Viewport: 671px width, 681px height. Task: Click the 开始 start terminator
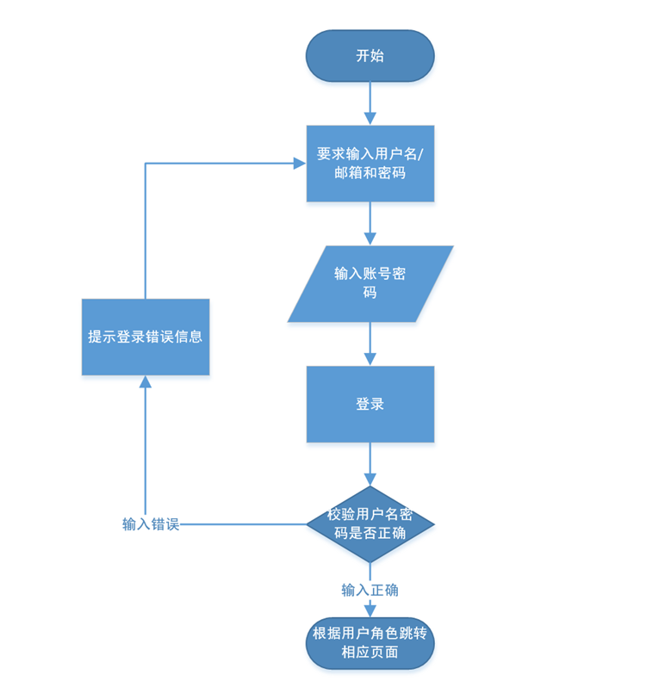(x=370, y=56)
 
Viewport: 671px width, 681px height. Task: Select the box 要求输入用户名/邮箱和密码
(x=370, y=164)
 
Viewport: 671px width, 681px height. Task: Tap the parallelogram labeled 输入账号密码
(x=370, y=284)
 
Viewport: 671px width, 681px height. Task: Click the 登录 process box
(x=370, y=404)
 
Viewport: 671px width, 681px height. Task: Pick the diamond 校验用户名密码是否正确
(x=370, y=523)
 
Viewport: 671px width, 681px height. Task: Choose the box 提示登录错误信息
(x=146, y=337)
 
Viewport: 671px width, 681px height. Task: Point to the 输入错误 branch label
(x=151, y=524)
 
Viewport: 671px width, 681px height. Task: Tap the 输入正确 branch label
(x=370, y=590)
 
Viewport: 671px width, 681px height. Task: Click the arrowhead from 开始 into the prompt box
(x=370, y=119)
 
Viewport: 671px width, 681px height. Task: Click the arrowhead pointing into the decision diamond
(x=370, y=480)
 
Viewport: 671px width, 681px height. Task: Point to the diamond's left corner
(x=308, y=523)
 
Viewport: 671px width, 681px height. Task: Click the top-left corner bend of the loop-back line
(x=146, y=164)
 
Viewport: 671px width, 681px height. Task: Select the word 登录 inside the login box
(x=370, y=404)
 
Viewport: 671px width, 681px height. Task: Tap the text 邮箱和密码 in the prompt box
(x=370, y=173)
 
